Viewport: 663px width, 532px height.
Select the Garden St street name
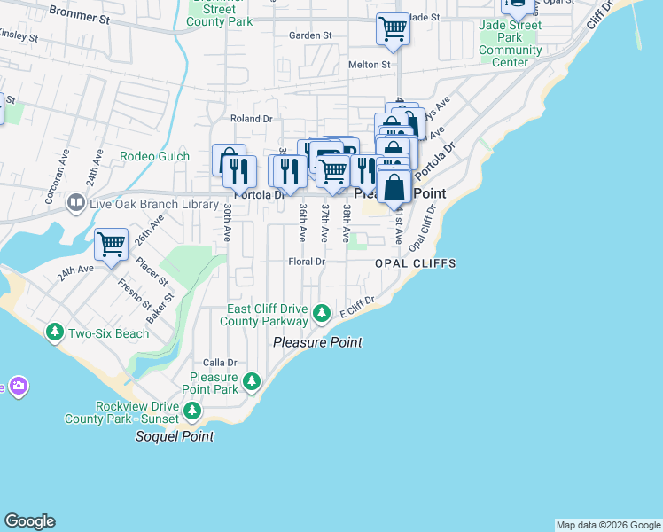(x=310, y=36)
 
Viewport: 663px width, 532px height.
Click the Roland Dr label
(x=250, y=118)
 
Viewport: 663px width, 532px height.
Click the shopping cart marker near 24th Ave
(x=112, y=243)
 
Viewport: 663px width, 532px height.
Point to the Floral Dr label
(x=308, y=262)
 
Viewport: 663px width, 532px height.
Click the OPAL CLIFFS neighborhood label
(x=415, y=263)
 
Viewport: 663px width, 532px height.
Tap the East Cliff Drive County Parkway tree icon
(x=323, y=314)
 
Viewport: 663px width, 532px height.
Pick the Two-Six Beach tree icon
(x=55, y=332)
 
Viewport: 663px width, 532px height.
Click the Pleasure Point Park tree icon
(x=252, y=382)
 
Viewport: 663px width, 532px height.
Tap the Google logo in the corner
(x=29, y=521)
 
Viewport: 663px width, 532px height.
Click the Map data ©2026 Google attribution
(x=608, y=525)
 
